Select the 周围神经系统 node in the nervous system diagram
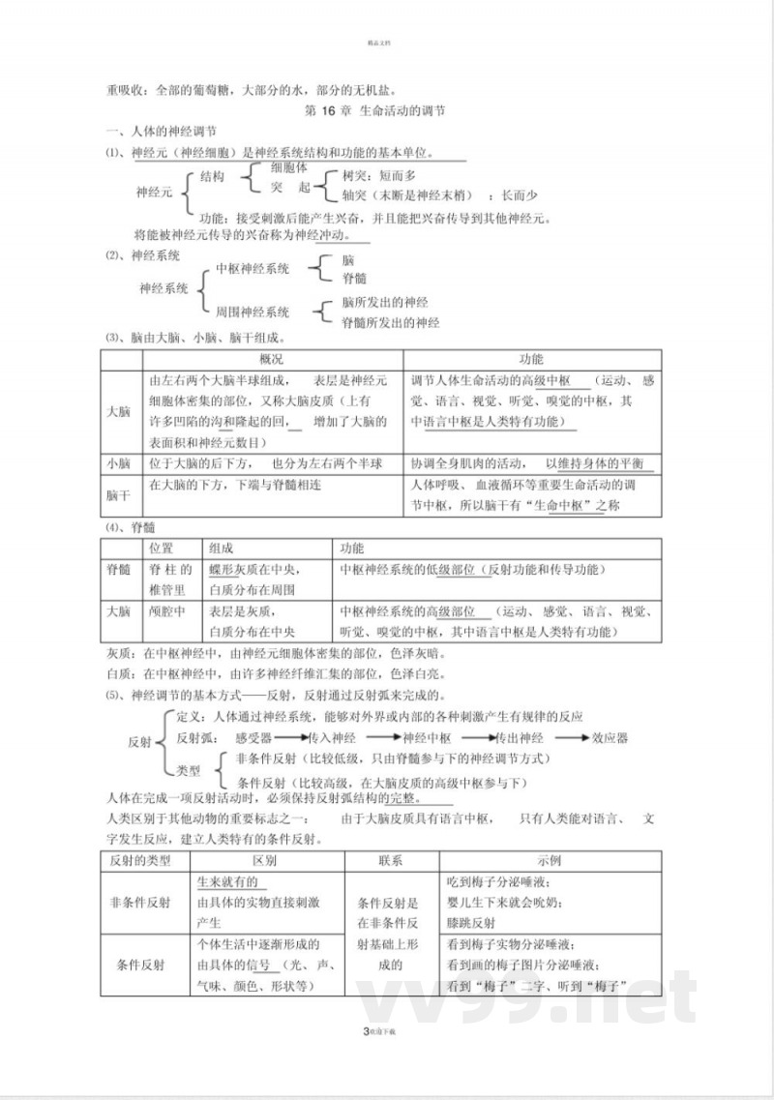(253, 312)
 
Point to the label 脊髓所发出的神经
(391, 322)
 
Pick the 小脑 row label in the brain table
(118, 463)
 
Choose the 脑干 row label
(118, 494)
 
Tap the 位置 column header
(162, 548)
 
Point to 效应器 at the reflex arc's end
(610, 738)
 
